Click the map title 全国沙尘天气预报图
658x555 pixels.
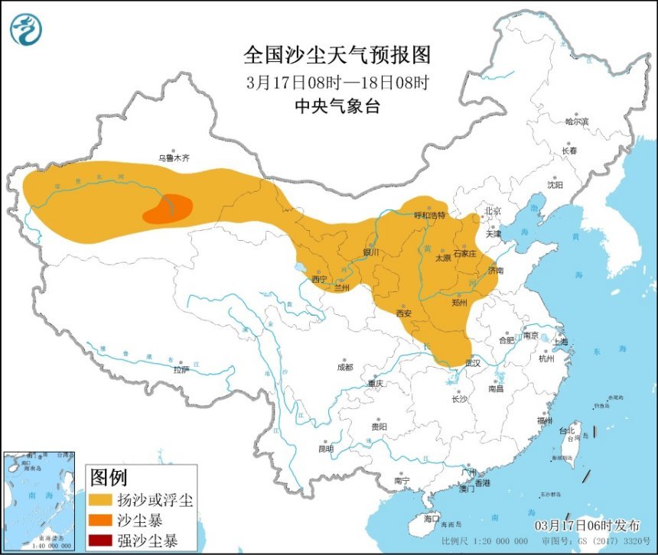click(337, 55)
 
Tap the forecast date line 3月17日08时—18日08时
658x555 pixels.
click(337, 82)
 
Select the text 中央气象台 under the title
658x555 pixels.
click(337, 107)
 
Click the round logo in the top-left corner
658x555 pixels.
click(26, 29)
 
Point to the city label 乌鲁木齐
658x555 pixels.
click(173, 158)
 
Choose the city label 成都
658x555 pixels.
click(345, 367)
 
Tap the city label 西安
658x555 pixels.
click(405, 313)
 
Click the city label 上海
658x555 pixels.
click(560, 342)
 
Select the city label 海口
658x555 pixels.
click(432, 518)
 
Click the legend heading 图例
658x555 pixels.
click(109, 479)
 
